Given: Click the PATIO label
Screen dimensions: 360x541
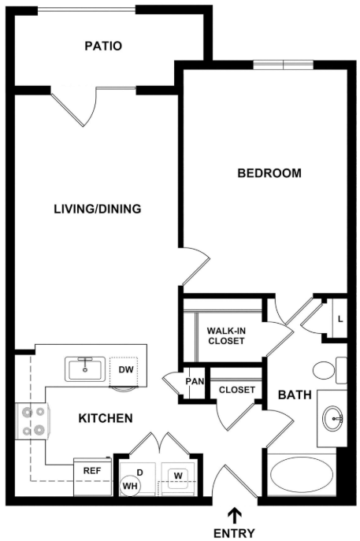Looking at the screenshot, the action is pos(103,46).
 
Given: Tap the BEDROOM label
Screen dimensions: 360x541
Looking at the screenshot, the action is pos(269,173).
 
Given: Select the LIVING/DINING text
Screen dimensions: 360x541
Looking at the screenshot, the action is pos(98,209).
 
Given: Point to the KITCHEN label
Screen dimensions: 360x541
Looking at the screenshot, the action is pos(106,418).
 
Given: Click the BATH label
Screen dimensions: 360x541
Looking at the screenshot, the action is pos(295,395).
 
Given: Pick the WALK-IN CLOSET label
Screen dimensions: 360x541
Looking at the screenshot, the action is pos(226,335).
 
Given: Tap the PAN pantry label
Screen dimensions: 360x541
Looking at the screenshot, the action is pos(195,381).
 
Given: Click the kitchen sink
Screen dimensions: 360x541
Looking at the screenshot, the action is pos(85,369).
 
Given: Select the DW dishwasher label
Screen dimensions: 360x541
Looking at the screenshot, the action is pos(126,369).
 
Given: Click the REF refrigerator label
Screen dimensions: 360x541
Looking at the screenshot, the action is pos(92,471).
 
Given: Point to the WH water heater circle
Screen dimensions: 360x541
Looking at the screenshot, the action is pos(130,487).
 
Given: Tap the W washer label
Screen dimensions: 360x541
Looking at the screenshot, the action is pos(178,476).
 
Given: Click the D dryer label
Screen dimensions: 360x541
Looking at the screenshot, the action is pos(140,472).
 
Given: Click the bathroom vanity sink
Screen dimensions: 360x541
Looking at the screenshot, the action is pos(333,418).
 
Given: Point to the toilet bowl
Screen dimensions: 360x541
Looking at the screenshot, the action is pos(324,370).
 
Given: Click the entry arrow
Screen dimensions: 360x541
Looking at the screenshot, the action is pos(235,516).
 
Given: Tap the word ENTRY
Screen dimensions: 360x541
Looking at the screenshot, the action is pos(235,533).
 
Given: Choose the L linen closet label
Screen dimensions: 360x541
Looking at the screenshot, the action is pos(340,320).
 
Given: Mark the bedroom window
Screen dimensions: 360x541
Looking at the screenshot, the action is pos(284,65).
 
